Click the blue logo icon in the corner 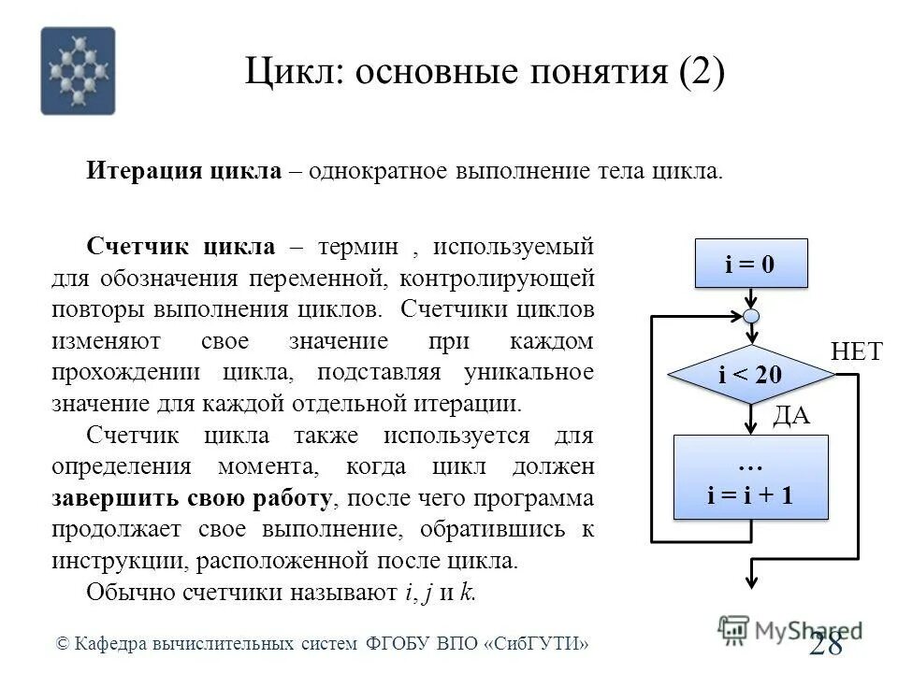78,71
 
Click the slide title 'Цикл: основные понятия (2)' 485,73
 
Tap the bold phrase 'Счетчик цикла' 181,247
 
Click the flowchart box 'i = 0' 750,265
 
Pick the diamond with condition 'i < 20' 750,375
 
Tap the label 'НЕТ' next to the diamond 856,351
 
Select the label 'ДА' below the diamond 790,416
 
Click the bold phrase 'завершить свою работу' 191,498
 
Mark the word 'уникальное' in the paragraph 529,372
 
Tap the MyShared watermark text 795,629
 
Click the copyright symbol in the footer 63,644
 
